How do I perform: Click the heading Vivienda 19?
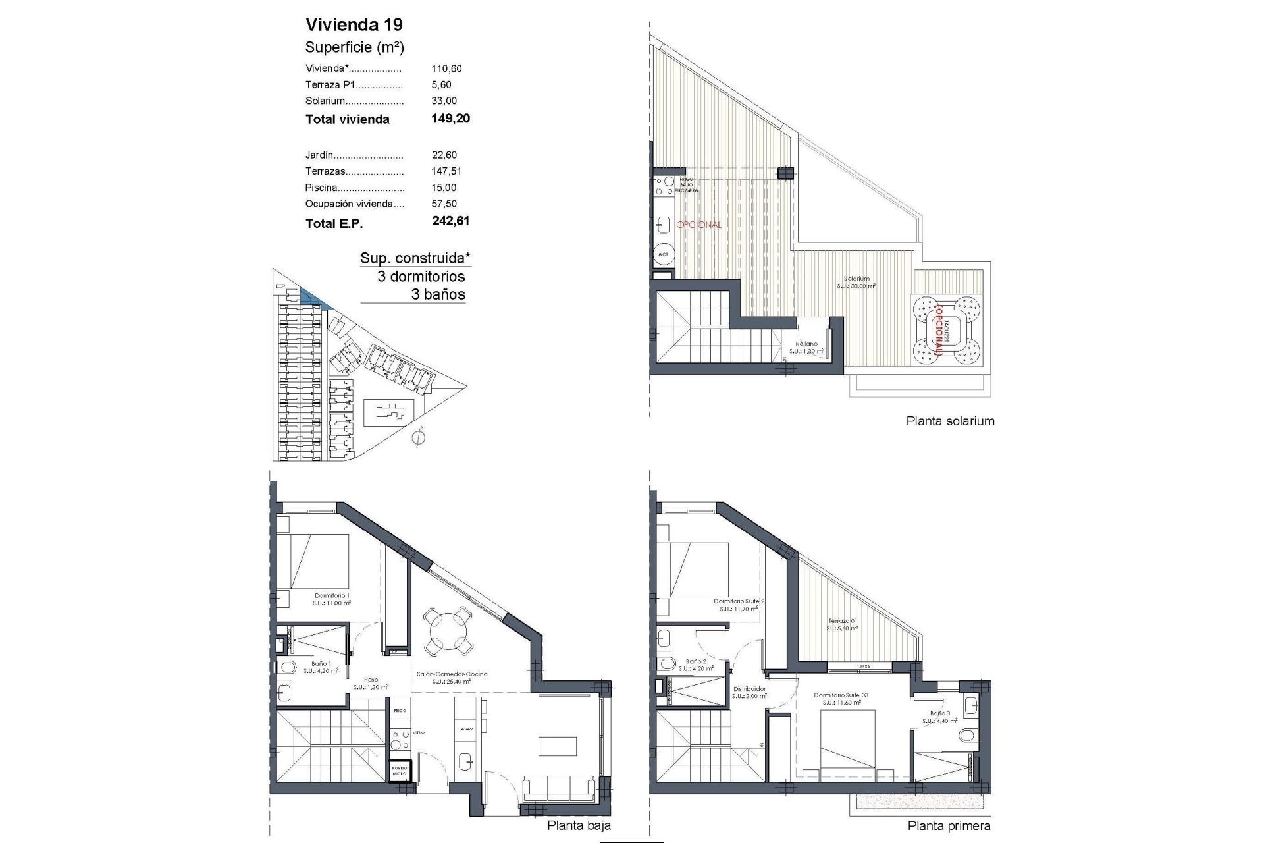click(354, 25)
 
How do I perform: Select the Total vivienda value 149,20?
click(451, 119)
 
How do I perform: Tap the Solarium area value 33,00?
click(444, 101)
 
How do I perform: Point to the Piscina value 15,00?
click(444, 188)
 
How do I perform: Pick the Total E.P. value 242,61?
click(451, 221)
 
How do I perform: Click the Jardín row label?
click(319, 155)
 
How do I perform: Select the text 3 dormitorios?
click(421, 277)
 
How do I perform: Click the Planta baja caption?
click(579, 825)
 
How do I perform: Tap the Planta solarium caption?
click(950, 421)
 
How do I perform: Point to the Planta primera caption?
click(949, 826)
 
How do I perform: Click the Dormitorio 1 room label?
click(332, 595)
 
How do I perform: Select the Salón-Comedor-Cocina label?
click(452, 674)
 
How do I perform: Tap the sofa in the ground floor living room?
click(560, 788)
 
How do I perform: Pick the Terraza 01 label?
click(843, 621)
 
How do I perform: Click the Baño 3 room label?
click(939, 713)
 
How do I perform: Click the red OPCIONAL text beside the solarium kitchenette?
click(698, 225)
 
